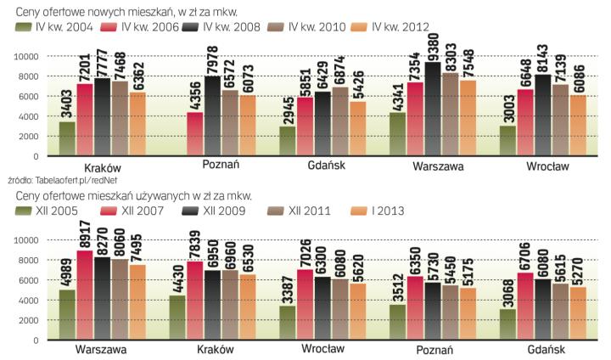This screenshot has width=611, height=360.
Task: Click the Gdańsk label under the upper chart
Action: pyautogui.click(x=326, y=166)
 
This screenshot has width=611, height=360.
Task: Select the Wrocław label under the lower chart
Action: pyautogui.click(x=322, y=349)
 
